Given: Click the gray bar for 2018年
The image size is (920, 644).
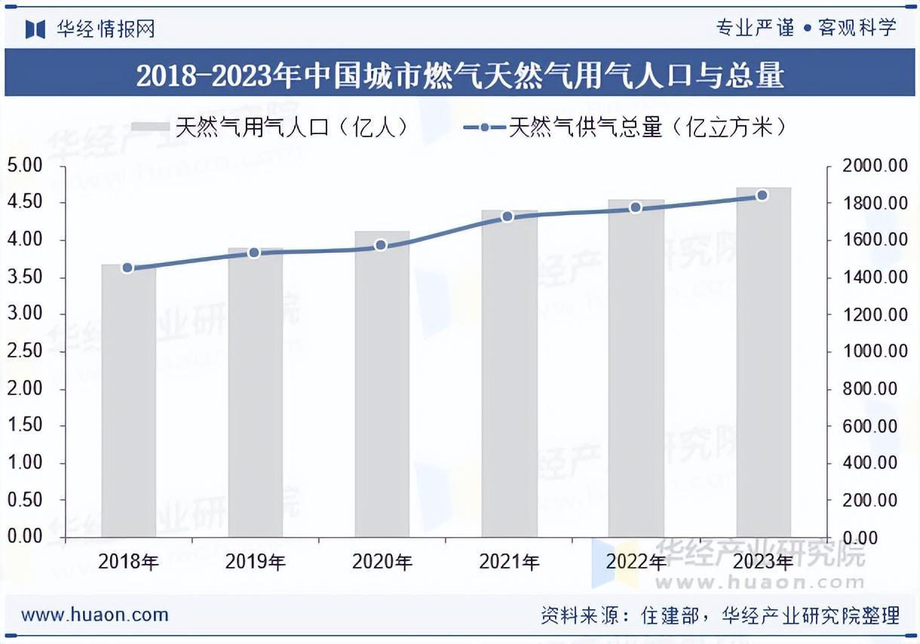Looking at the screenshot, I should click(x=128, y=400).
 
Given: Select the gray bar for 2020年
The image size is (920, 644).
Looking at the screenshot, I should click(x=382, y=384).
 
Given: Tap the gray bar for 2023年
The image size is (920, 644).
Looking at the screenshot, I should click(x=763, y=362).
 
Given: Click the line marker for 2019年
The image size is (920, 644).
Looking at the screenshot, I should click(x=254, y=253).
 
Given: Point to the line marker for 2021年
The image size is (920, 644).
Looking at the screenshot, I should click(x=508, y=216).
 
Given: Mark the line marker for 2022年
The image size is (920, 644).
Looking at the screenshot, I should click(x=635, y=207).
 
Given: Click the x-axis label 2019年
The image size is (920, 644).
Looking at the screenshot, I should click(x=255, y=562).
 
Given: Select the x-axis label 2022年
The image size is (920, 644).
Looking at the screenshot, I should click(x=636, y=562).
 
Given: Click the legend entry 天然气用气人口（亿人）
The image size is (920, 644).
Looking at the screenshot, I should click(x=271, y=127).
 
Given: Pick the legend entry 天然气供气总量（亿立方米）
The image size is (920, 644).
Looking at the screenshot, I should click(x=626, y=127).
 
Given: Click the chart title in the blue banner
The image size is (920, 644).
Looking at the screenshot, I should click(x=460, y=75).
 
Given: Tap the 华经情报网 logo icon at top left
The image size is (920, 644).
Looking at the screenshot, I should click(x=36, y=29).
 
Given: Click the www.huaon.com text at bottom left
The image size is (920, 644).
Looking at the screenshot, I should click(x=95, y=615).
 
